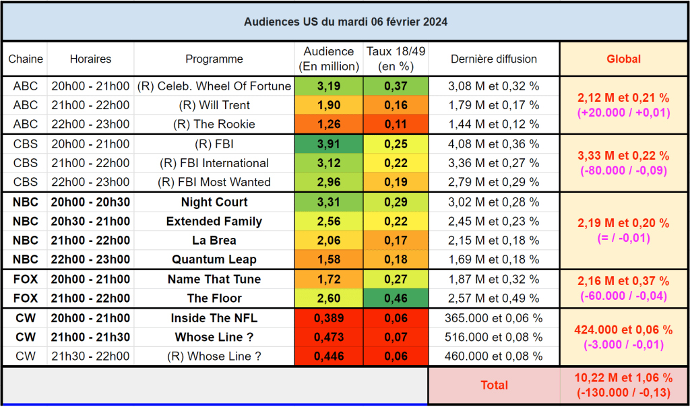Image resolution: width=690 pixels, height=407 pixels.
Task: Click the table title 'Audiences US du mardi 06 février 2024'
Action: [x=345, y=22]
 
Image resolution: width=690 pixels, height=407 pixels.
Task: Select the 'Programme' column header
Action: [x=214, y=59]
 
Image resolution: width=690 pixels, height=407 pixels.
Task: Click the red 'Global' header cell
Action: [x=623, y=59]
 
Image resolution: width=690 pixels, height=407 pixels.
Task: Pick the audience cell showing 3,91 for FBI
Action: [x=329, y=144]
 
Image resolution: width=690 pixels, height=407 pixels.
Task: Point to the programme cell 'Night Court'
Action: [x=214, y=202]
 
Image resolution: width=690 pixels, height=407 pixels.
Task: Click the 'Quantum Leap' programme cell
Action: [x=214, y=259]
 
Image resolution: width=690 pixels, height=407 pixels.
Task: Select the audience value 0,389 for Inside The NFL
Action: [x=329, y=318]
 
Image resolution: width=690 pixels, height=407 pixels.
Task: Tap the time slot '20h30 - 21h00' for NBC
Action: [x=91, y=222]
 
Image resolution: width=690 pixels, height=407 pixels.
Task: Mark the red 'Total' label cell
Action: [x=494, y=385]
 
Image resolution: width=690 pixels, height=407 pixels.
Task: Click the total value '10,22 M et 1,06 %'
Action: [x=623, y=378]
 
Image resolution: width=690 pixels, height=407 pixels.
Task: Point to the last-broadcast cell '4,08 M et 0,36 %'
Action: [x=494, y=144]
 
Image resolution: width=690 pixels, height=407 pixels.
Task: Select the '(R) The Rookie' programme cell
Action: [x=214, y=125]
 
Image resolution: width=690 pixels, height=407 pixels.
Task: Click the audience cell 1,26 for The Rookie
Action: [x=329, y=125]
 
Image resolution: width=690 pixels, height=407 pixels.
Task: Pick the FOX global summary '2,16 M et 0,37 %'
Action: [x=623, y=282]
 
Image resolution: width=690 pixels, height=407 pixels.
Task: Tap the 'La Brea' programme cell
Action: [x=214, y=241]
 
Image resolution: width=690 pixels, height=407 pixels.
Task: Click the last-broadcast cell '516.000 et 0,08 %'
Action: [x=494, y=338]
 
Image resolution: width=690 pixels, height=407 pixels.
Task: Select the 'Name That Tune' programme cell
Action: [x=214, y=280]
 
